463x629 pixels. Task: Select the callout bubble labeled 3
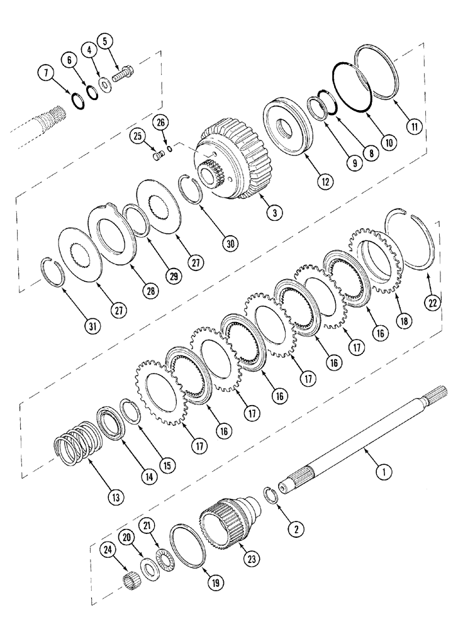pos(272,213)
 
